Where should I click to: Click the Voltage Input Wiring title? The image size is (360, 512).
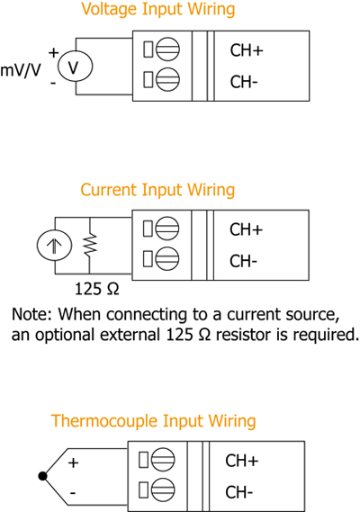pos(158,10)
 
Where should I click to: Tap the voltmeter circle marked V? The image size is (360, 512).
pos(75,67)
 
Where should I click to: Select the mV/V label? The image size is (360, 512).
pos(21,70)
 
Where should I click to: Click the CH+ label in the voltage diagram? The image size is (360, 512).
pos(247,50)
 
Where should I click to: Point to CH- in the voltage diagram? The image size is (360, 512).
pos(244,82)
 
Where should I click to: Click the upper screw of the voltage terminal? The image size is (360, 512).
pos(167,49)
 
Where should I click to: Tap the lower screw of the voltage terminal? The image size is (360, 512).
pos(167,79)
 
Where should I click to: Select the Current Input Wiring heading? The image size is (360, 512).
pos(157,191)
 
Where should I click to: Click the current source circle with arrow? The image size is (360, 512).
pos(54,246)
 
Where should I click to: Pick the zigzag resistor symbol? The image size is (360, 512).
pos(90,245)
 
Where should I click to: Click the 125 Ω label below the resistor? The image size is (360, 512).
pos(97,289)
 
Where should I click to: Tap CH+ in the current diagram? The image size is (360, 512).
pos(246,229)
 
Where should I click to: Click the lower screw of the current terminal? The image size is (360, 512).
pos(166,258)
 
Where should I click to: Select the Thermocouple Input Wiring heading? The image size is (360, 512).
pos(154,421)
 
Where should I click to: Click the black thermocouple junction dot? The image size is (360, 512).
pos(42,476)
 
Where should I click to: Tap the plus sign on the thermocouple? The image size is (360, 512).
pos(73,463)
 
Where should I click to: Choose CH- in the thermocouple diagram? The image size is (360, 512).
pos(239,492)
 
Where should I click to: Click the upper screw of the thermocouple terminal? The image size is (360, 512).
pos(163,460)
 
